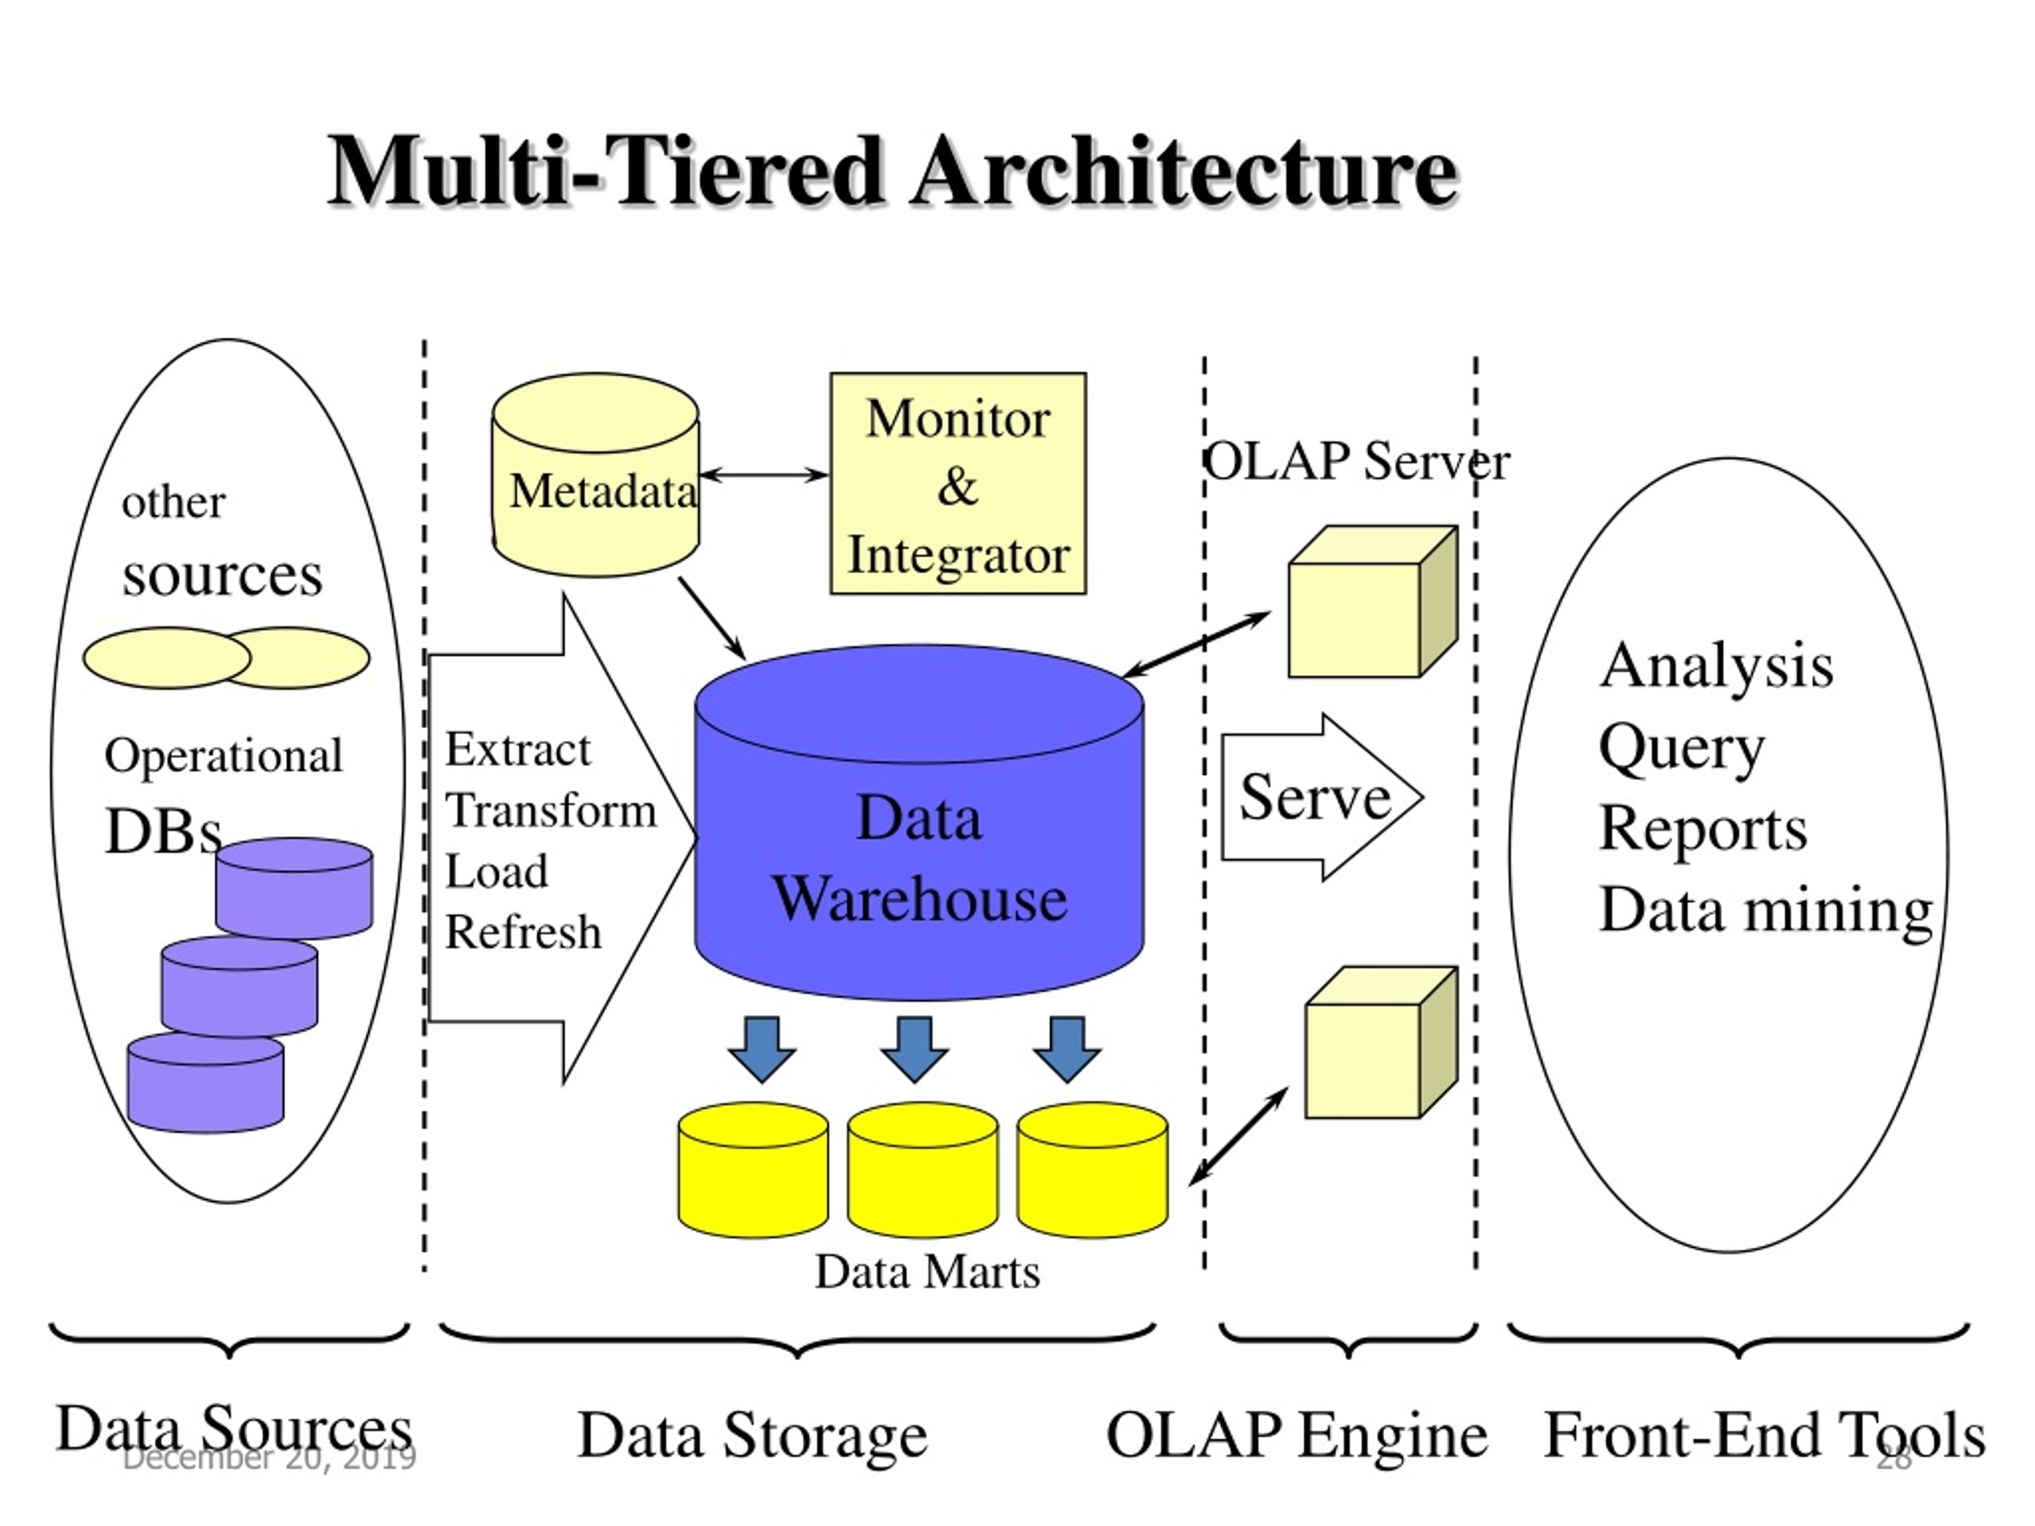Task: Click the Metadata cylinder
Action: [x=595, y=474]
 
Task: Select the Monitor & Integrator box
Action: [x=958, y=483]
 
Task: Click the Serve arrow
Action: [x=1322, y=796]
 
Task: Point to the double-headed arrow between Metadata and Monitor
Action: [x=764, y=474]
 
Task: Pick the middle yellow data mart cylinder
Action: [x=923, y=1169]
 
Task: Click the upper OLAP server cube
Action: [x=1373, y=602]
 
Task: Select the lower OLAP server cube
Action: [x=1381, y=1041]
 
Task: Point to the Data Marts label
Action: [x=928, y=1272]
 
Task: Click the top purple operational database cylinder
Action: [x=294, y=888]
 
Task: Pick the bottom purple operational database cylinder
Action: [x=205, y=1083]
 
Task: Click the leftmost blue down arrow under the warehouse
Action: [x=762, y=1048]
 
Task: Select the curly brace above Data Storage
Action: [x=797, y=1339]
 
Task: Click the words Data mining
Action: [x=1766, y=912]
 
